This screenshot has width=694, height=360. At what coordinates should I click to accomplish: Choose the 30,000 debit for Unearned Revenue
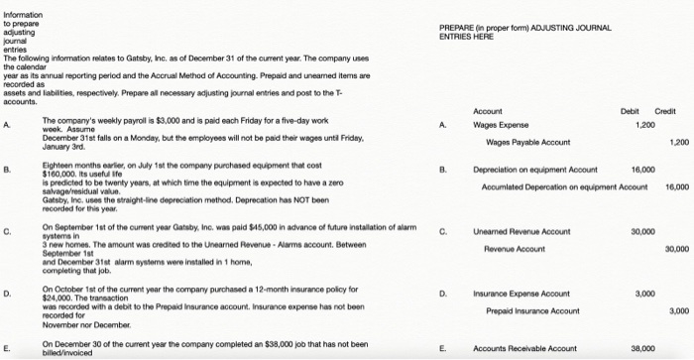point(643,232)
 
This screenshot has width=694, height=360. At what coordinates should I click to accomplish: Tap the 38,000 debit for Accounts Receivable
point(643,349)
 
